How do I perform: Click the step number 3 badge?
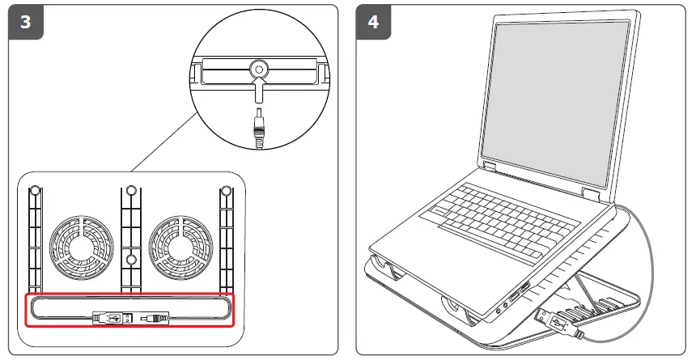pos(25,22)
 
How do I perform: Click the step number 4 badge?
pos(373,22)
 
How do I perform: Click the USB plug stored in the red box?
pos(112,317)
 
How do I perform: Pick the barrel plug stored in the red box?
pos(152,318)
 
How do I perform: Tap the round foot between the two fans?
pos(129,260)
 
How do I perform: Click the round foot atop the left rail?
pos(35,193)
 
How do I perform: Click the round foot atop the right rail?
pos(225,193)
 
